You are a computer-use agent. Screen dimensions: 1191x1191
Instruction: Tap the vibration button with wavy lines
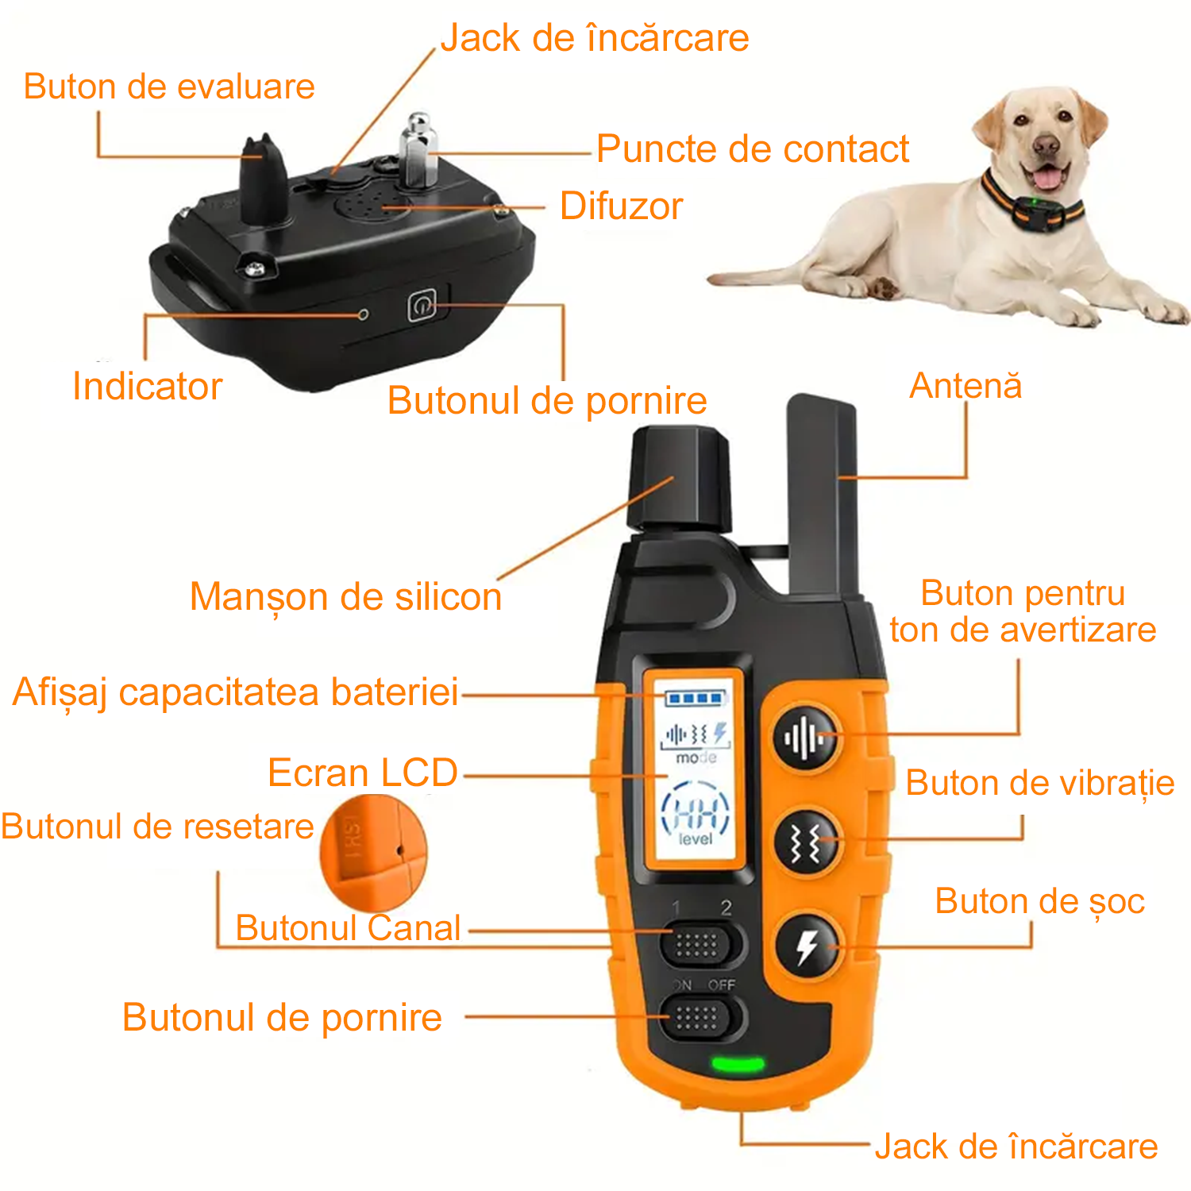click(807, 842)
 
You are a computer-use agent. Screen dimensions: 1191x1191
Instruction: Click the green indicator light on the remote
click(738, 1063)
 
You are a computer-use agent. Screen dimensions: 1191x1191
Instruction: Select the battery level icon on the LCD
click(696, 699)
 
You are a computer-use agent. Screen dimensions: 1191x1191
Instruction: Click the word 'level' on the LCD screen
click(696, 838)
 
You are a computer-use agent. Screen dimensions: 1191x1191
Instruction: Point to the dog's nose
click(1046, 145)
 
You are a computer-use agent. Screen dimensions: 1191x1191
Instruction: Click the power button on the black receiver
click(422, 306)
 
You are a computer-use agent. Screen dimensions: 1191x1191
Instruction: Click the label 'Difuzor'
click(621, 206)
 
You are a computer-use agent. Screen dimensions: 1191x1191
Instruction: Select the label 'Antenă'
click(966, 385)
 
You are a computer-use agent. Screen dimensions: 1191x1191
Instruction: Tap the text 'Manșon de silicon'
click(346, 597)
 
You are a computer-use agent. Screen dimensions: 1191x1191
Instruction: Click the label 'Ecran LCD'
click(363, 773)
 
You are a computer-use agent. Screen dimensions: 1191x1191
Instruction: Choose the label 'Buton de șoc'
click(1040, 902)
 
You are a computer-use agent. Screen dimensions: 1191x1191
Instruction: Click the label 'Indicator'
click(148, 387)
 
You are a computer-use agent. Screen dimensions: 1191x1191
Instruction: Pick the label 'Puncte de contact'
click(753, 148)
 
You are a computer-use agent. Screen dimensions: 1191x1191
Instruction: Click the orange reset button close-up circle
click(373, 853)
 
